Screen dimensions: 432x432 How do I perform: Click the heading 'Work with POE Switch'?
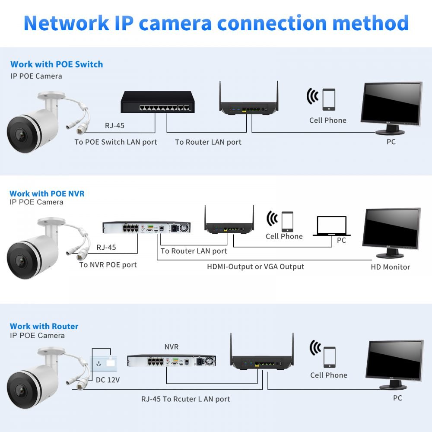click(57, 64)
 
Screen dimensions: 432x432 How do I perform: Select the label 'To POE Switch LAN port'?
click(116, 142)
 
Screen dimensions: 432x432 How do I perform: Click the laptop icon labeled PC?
click(331, 226)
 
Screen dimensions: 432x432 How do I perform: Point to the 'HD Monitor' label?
click(390, 267)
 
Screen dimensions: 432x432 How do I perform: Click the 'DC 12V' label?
click(108, 380)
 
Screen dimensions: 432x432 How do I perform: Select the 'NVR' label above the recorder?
click(171, 347)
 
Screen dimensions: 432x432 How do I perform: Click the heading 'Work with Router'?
click(44, 326)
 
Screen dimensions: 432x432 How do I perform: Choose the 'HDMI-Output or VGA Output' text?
click(255, 267)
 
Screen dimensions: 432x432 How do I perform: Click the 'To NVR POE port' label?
click(108, 265)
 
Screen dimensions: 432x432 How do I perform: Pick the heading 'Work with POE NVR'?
click(47, 194)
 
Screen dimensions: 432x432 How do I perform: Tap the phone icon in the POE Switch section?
click(329, 100)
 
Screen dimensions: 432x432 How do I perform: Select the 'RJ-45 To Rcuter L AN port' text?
click(186, 399)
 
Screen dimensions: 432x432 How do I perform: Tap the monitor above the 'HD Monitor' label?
click(391, 230)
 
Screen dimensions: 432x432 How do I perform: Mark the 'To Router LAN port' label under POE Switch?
click(208, 142)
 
